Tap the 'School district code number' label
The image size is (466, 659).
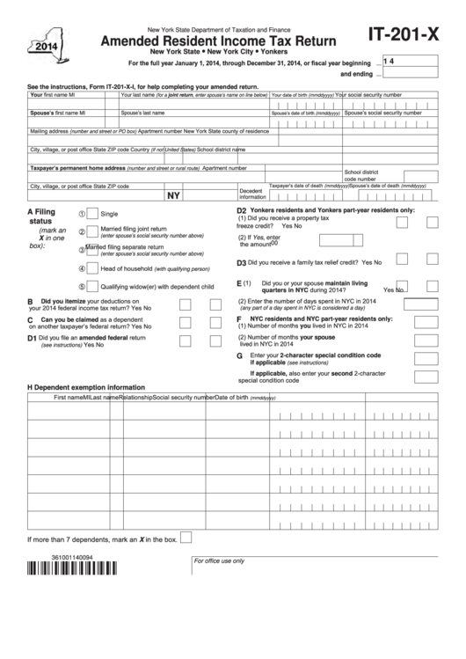click(361, 175)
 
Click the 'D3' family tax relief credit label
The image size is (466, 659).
click(241, 262)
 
